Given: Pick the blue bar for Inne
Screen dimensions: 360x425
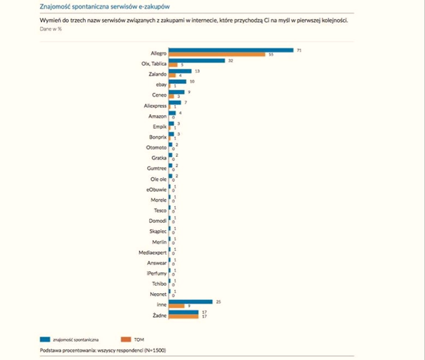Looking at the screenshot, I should (191, 301).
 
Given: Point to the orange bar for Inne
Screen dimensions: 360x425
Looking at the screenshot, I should (176, 305).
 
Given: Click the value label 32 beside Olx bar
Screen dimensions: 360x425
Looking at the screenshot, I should (231, 61).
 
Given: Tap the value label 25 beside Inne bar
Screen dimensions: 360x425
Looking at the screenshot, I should (219, 301).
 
